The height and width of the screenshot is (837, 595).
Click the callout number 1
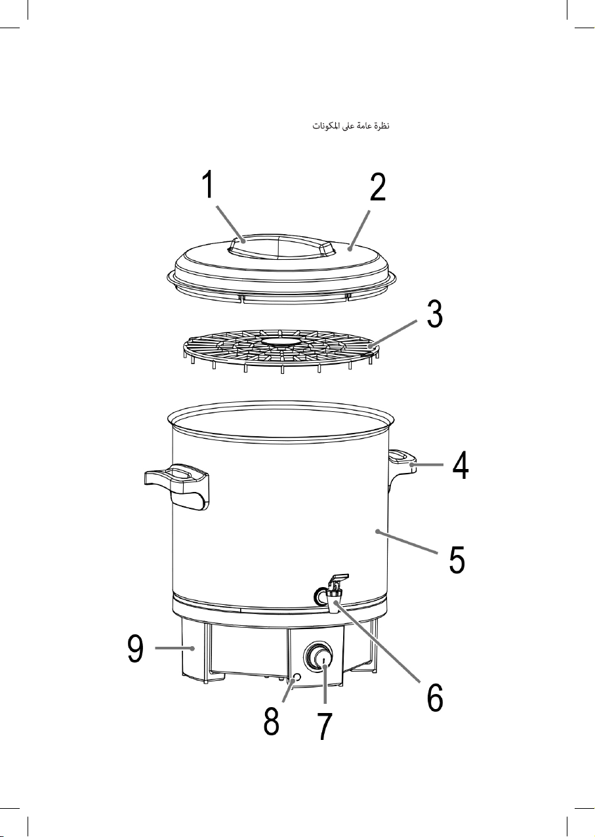209,184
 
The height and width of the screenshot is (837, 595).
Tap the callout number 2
378,187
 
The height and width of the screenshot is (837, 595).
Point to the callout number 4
461,465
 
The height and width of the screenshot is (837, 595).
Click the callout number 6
435,697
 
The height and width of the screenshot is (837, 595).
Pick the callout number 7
324,725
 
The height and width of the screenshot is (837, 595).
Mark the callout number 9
135,648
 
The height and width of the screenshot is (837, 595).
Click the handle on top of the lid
281,245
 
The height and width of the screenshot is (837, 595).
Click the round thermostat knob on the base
318,658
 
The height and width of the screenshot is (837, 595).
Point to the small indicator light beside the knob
297,677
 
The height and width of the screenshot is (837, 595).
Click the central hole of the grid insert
280,341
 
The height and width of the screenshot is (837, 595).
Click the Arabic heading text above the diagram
351,125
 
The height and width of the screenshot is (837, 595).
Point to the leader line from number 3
394,334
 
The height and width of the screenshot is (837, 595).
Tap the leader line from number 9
174,647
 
